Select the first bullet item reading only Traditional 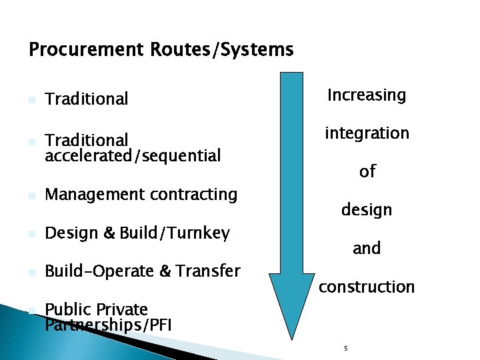pyautogui.click(x=86, y=99)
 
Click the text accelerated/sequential pyautogui.click(x=133, y=155)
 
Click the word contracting pyautogui.click(x=194, y=195)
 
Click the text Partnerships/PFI pyautogui.click(x=108, y=325)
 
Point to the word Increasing pyautogui.click(x=366, y=95)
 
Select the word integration pyautogui.click(x=367, y=133)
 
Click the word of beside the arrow pyautogui.click(x=367, y=172)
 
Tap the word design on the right pyautogui.click(x=367, y=210)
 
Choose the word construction pyautogui.click(x=367, y=287)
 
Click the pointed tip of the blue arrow pyautogui.click(x=291, y=337)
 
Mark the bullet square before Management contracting pyautogui.click(x=31, y=196)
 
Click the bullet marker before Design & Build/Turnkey pyautogui.click(x=31, y=235)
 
